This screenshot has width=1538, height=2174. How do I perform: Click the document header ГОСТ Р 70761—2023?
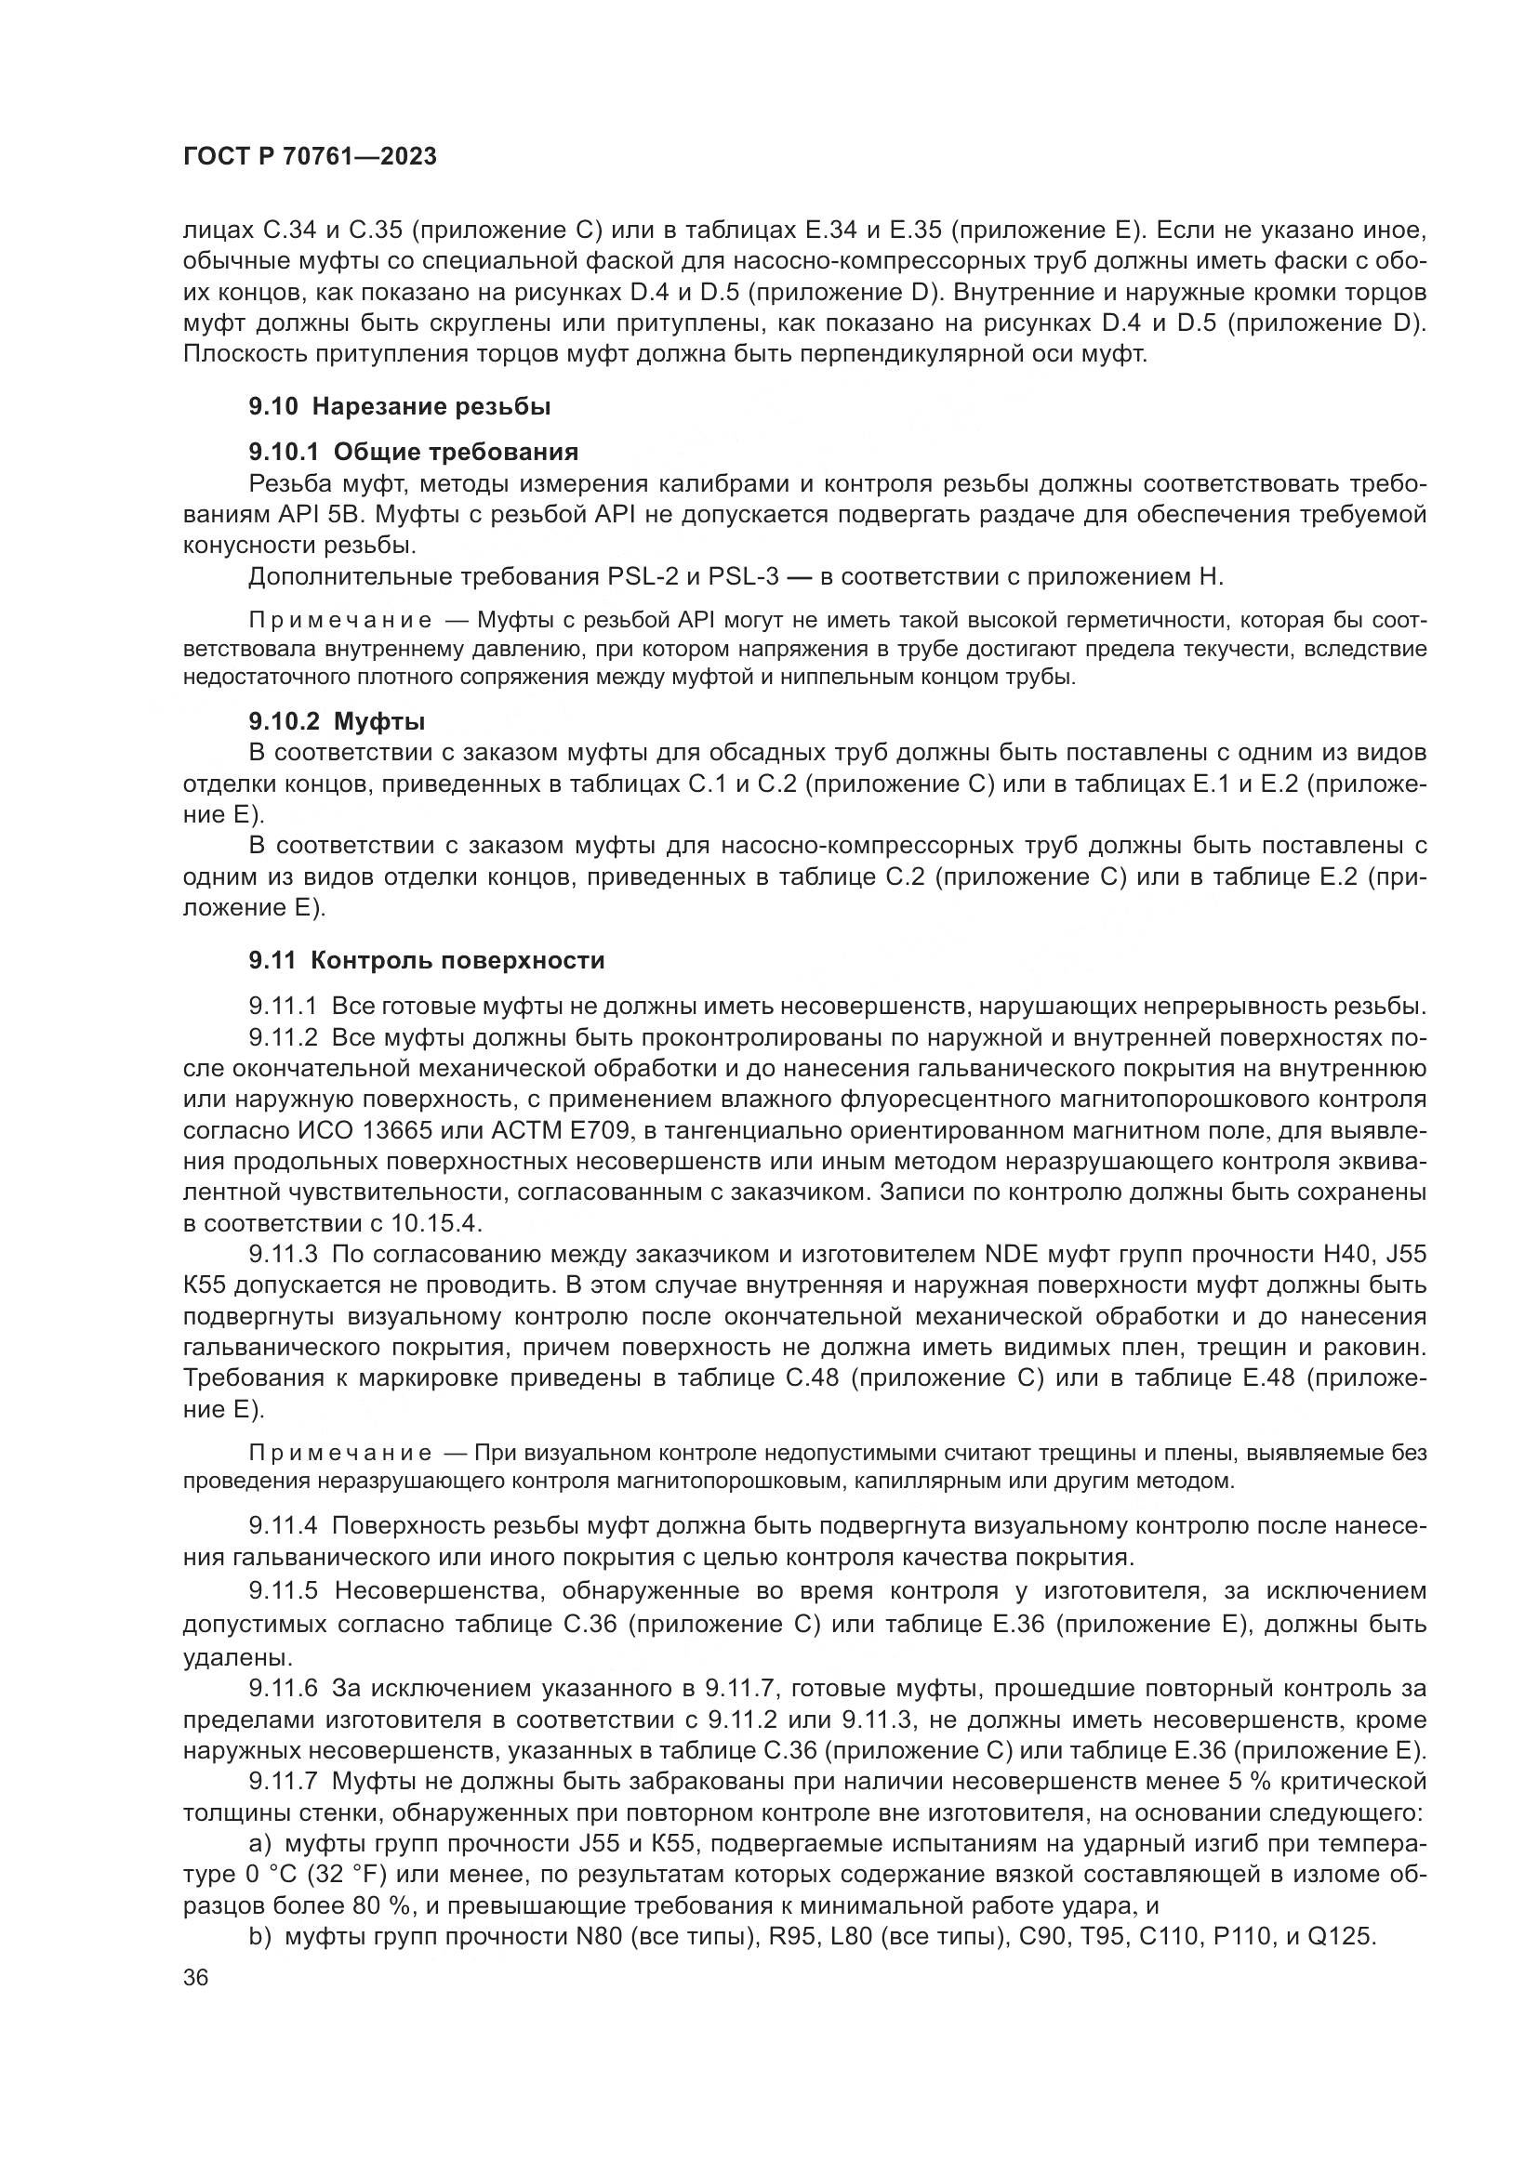click(310, 156)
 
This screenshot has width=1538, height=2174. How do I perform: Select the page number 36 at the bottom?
click(195, 1977)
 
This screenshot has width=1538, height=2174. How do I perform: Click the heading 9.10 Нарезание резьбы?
click(400, 407)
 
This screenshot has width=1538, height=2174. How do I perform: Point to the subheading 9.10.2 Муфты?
click(337, 721)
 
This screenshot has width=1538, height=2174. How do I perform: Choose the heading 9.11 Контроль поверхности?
click(426, 960)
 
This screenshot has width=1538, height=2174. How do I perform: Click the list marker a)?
click(260, 1843)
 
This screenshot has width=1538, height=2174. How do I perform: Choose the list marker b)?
click(260, 1936)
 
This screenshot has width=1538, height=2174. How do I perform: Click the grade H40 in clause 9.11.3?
click(1346, 1255)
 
